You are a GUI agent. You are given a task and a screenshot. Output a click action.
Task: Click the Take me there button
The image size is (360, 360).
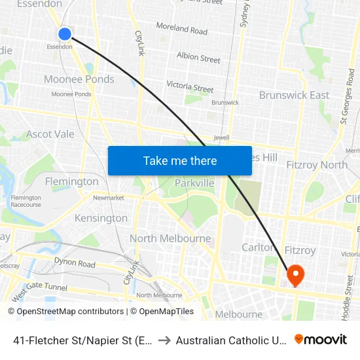click(x=180, y=160)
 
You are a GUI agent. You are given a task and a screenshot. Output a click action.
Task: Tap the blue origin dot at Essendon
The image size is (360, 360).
click(x=64, y=34)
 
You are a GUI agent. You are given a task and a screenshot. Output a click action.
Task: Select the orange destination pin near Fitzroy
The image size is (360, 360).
click(x=295, y=276)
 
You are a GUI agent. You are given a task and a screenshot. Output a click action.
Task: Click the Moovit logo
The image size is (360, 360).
click(x=321, y=340)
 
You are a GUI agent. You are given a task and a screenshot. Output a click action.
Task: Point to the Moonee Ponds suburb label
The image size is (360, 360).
click(x=79, y=79)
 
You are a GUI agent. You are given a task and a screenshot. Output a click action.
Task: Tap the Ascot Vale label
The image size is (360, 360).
click(x=50, y=134)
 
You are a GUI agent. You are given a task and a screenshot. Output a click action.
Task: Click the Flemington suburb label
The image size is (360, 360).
click(x=72, y=181)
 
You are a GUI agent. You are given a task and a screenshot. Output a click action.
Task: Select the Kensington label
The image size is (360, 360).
click(x=101, y=218)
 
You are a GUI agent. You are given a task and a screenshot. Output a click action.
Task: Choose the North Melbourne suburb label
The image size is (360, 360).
click(x=170, y=238)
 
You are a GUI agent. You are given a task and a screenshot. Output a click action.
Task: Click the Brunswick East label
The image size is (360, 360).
click(x=294, y=95)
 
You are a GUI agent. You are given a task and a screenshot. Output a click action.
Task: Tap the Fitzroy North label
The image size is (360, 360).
click(x=317, y=165)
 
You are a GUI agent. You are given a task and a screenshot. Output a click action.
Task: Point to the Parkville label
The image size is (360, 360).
click(x=194, y=183)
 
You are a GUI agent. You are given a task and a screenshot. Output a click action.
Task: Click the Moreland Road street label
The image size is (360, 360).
click(x=181, y=29)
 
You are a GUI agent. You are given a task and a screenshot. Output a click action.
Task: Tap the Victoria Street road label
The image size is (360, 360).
click(x=190, y=86)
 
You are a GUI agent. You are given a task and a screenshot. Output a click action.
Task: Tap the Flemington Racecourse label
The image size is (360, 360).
click(x=26, y=201)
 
